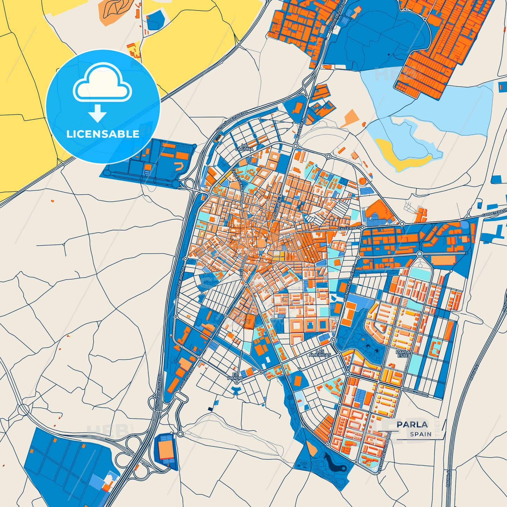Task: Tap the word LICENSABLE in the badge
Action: [x=103, y=134]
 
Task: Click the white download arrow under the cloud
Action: [x=98, y=113]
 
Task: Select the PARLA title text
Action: [x=412, y=425]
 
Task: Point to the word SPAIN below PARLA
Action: [x=421, y=434]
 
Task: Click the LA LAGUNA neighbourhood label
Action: [x=244, y=147]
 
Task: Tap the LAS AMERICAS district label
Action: [x=320, y=353]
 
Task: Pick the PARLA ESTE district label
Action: [x=403, y=354]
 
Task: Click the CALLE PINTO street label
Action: [x=349, y=228]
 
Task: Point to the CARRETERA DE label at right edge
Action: [x=494, y=212]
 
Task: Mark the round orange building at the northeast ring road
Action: [x=362, y=181]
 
